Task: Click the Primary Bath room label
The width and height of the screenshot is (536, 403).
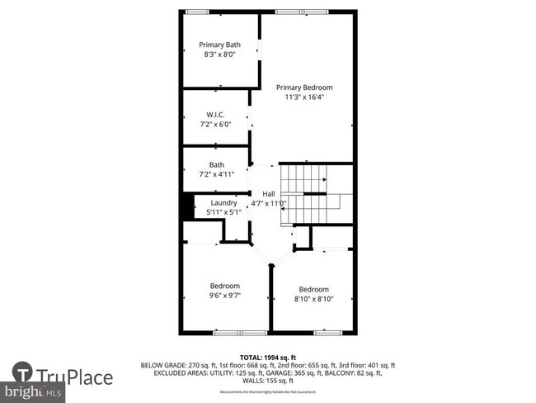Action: click(220, 45)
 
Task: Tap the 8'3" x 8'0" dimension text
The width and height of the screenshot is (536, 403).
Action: click(220, 55)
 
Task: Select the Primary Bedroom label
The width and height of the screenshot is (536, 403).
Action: click(304, 88)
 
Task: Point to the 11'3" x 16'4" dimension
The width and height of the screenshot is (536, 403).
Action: click(304, 97)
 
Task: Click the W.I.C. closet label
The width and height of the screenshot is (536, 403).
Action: click(216, 115)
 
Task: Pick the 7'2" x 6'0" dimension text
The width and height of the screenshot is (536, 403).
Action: click(216, 125)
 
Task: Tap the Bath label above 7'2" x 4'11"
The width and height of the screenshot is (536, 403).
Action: click(216, 164)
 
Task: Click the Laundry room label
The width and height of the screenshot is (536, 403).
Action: click(223, 202)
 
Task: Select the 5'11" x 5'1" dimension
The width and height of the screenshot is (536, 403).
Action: click(223, 212)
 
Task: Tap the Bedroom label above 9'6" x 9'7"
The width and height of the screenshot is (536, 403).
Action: click(224, 286)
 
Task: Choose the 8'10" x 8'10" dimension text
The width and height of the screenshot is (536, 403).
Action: click(313, 299)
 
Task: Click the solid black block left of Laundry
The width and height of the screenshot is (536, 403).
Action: click(187, 206)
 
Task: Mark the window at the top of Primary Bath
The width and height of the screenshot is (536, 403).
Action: click(197, 11)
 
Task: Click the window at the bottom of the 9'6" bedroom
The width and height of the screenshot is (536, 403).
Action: click(240, 332)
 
